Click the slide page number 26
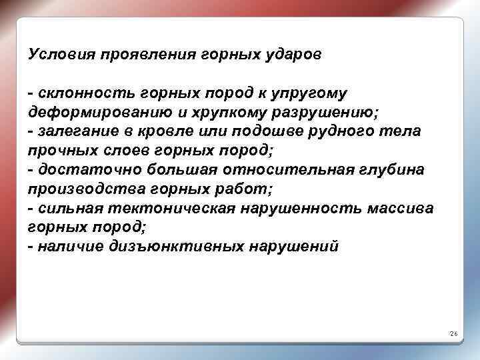453,332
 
